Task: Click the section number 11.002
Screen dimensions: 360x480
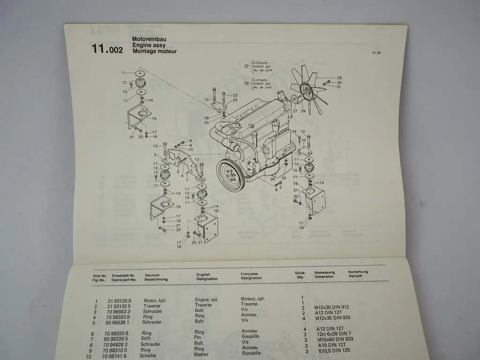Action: point(107,49)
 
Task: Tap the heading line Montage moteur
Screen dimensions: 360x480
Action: point(154,52)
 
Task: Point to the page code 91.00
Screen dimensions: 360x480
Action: point(376,53)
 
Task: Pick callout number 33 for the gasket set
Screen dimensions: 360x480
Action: point(246,83)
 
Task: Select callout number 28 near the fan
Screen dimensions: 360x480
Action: point(339,78)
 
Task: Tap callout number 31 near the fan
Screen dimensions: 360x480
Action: point(339,87)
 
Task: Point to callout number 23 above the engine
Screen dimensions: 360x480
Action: point(235,95)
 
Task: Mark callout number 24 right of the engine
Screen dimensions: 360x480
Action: point(294,132)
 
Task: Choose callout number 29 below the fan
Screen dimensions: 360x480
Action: point(303,111)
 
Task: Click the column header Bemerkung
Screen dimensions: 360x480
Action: point(358,272)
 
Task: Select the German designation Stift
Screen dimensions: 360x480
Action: point(146,338)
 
